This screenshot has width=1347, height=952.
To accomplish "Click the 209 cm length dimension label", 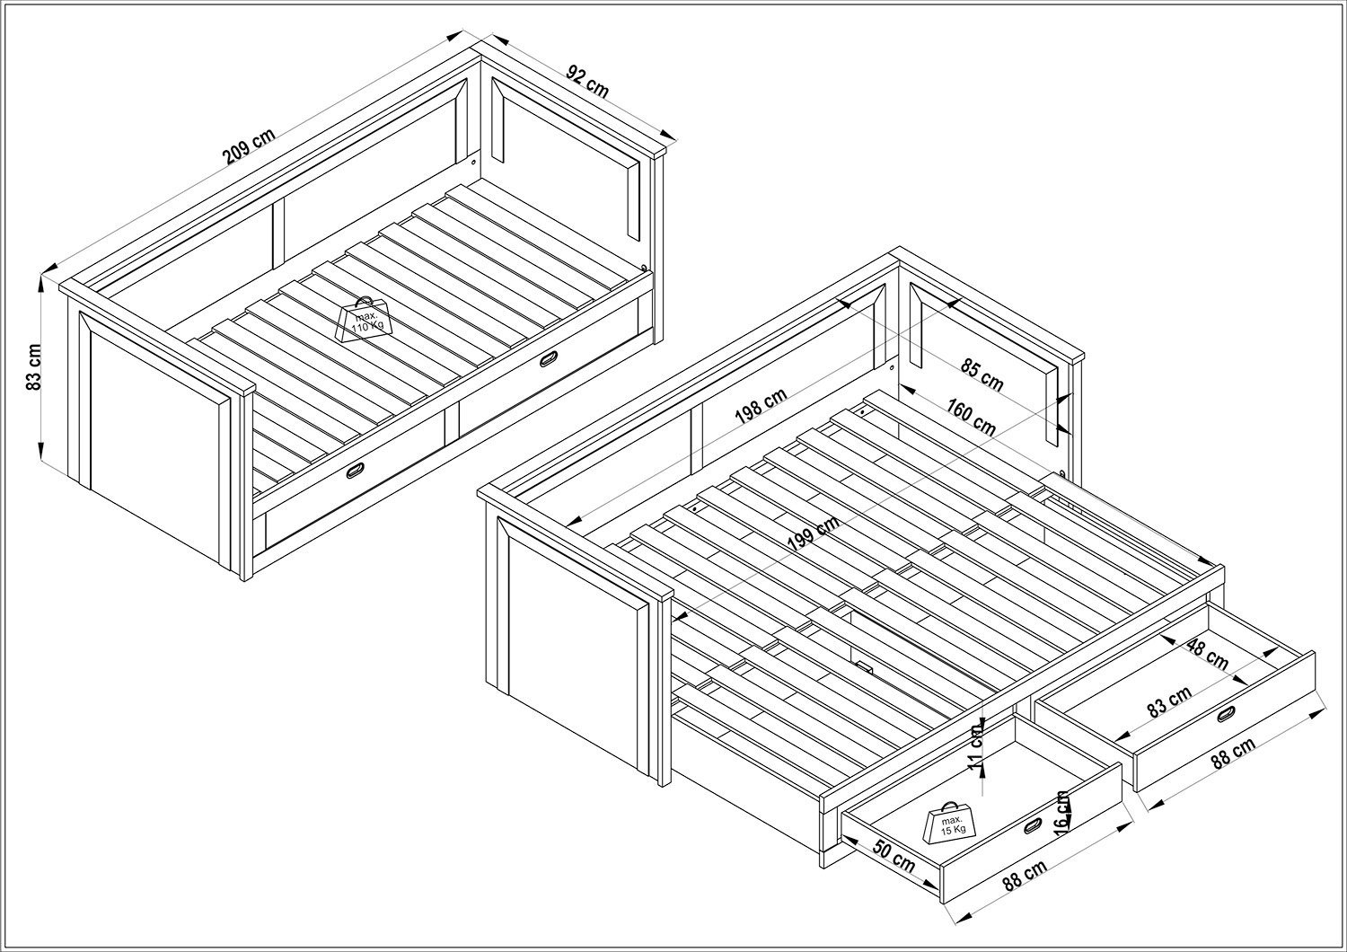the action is (x=249, y=146).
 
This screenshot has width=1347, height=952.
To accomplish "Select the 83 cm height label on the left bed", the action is (x=34, y=366).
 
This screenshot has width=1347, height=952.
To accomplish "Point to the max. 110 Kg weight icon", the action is (x=365, y=320).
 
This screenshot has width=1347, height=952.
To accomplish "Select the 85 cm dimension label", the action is (x=982, y=375).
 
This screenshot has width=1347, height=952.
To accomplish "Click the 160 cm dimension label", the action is (x=971, y=416).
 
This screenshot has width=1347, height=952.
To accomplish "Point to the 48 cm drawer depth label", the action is (x=1208, y=654).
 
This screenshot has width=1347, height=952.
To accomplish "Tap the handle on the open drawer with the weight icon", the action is (x=1034, y=826).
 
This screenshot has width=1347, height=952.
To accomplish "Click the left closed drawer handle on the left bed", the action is (x=355, y=471).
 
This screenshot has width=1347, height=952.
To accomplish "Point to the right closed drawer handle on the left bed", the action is (x=549, y=359).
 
